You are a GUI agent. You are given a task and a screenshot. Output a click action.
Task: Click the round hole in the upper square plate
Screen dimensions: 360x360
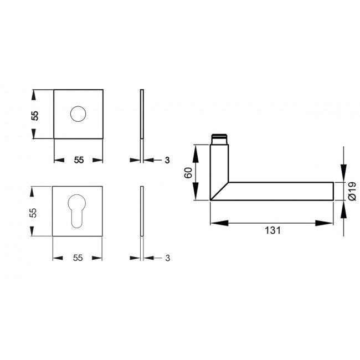(x=78, y=115)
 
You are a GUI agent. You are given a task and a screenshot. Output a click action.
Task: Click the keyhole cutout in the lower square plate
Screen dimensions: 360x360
(x=78, y=212)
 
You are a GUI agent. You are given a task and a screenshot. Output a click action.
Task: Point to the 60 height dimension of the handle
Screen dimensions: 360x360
(x=188, y=172)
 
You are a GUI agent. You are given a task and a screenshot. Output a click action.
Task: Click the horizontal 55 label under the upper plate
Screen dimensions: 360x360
(x=78, y=160)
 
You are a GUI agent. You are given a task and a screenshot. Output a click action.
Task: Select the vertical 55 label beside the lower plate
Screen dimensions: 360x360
(x=35, y=212)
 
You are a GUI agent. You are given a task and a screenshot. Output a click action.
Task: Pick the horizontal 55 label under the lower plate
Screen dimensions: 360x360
(x=78, y=258)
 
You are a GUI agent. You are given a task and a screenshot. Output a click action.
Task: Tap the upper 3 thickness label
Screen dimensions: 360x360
(x=167, y=160)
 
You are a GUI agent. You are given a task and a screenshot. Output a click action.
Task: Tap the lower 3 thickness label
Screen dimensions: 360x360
(x=167, y=258)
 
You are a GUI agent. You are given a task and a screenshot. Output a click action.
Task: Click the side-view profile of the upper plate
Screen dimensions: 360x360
(x=142, y=114)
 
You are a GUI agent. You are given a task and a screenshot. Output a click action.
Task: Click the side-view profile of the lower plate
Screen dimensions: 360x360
(x=142, y=212)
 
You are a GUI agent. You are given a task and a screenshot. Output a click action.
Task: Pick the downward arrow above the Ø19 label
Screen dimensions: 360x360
(x=343, y=172)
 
